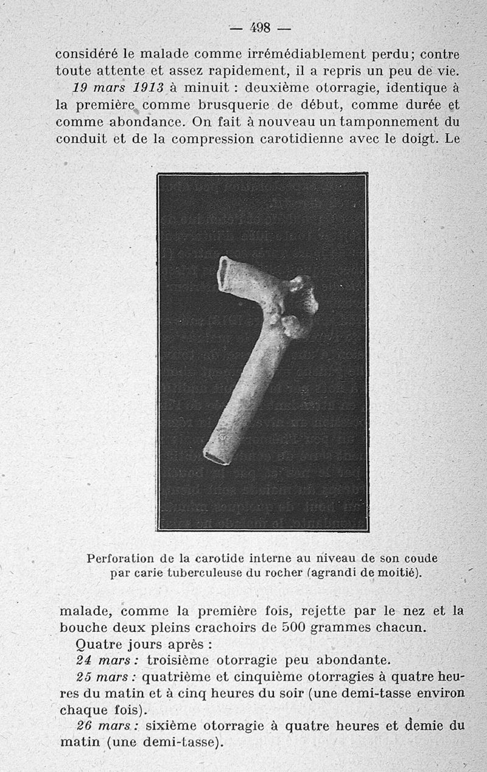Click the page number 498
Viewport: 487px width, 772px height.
click(x=260, y=27)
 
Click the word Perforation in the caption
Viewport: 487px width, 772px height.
click(x=120, y=558)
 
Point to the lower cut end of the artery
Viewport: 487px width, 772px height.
click(x=217, y=455)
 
